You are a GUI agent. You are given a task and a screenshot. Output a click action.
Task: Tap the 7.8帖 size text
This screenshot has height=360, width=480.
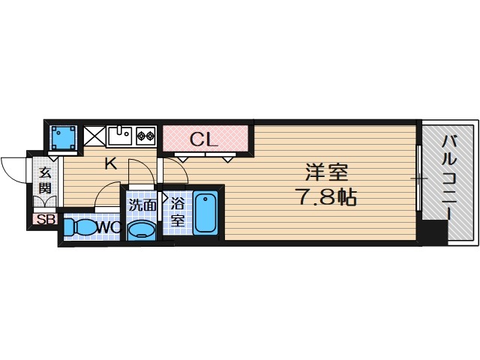[325, 197]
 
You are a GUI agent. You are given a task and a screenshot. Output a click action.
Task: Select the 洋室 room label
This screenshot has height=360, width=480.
[325, 172]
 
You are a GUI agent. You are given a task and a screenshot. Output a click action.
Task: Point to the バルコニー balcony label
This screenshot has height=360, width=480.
[448, 176]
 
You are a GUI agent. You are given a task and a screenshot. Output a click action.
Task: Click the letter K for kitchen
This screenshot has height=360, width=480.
[110, 164]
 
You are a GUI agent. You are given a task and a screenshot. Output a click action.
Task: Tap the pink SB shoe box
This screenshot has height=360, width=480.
[44, 220]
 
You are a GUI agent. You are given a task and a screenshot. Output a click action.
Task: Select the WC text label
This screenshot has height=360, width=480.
[105, 226]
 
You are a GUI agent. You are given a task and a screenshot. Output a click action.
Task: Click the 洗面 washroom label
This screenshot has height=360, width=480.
[142, 204]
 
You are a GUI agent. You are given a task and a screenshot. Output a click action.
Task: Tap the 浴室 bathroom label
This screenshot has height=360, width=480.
[178, 211]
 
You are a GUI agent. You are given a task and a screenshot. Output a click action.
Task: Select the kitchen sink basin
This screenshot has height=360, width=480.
[119, 136]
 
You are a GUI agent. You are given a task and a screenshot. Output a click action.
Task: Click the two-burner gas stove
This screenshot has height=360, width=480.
[145, 136]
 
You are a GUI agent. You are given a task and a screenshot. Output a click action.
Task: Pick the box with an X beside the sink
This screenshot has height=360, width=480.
[94, 136]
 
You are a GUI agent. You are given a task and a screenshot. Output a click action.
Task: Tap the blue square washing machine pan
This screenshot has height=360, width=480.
[62, 136]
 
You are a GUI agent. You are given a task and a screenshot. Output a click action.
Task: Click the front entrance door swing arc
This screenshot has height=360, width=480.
[13, 166]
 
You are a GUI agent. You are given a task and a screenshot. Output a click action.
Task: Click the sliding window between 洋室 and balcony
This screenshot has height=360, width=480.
[419, 180]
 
